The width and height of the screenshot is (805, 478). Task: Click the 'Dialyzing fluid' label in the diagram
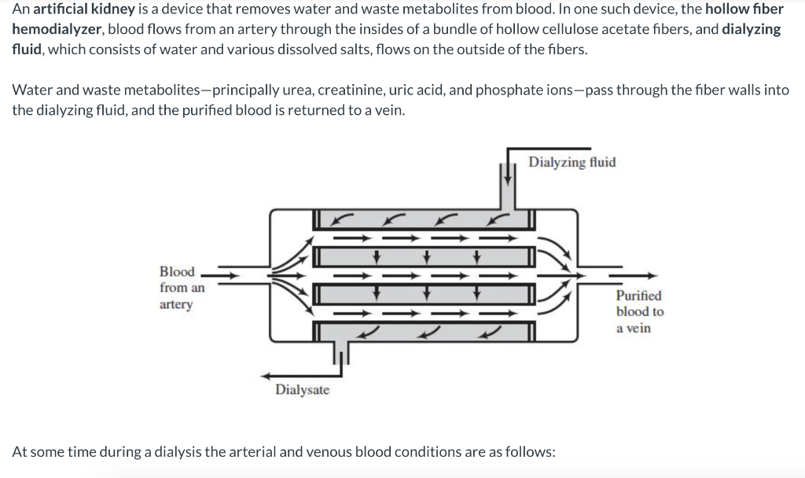click(572, 163)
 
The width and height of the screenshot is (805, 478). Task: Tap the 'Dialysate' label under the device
click(303, 390)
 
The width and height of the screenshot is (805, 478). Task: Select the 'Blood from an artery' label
click(181, 288)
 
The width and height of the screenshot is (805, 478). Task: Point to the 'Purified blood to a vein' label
click(638, 312)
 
